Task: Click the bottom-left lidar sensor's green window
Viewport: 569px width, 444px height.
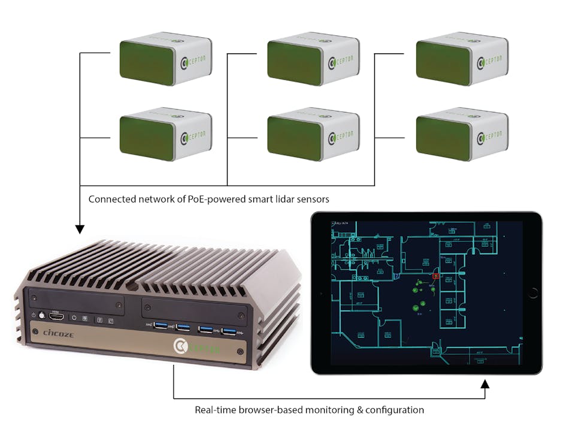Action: [147, 138]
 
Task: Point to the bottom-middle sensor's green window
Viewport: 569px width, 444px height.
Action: [295, 138]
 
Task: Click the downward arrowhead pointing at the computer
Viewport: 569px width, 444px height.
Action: [80, 229]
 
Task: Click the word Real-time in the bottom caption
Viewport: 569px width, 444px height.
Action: [216, 410]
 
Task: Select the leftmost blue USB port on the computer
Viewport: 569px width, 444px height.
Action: [161, 326]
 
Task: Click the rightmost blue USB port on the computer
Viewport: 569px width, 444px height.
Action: [228, 330]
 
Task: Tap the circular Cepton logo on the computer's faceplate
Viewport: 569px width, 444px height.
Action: [180, 346]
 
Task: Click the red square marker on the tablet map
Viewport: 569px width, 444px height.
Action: [435, 276]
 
